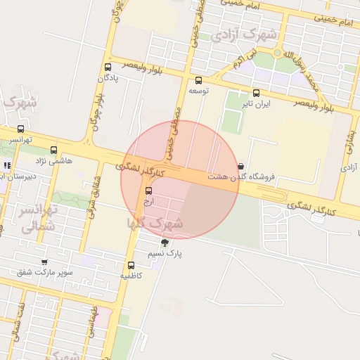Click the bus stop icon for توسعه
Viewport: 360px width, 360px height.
pos(198,80)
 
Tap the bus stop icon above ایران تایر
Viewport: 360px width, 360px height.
pos(256,92)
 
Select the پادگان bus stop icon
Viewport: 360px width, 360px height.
pos(107,67)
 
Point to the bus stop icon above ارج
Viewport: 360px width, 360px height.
pos(148,191)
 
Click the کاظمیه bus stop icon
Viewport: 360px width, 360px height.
pos(131,265)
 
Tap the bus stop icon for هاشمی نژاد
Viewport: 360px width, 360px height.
pos(54,150)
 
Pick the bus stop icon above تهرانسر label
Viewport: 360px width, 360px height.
pos(20,129)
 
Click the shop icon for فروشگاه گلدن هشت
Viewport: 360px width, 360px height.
pos(241,167)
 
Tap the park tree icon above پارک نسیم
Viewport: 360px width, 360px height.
pos(165,242)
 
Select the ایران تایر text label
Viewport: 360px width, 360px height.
pos(256,103)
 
